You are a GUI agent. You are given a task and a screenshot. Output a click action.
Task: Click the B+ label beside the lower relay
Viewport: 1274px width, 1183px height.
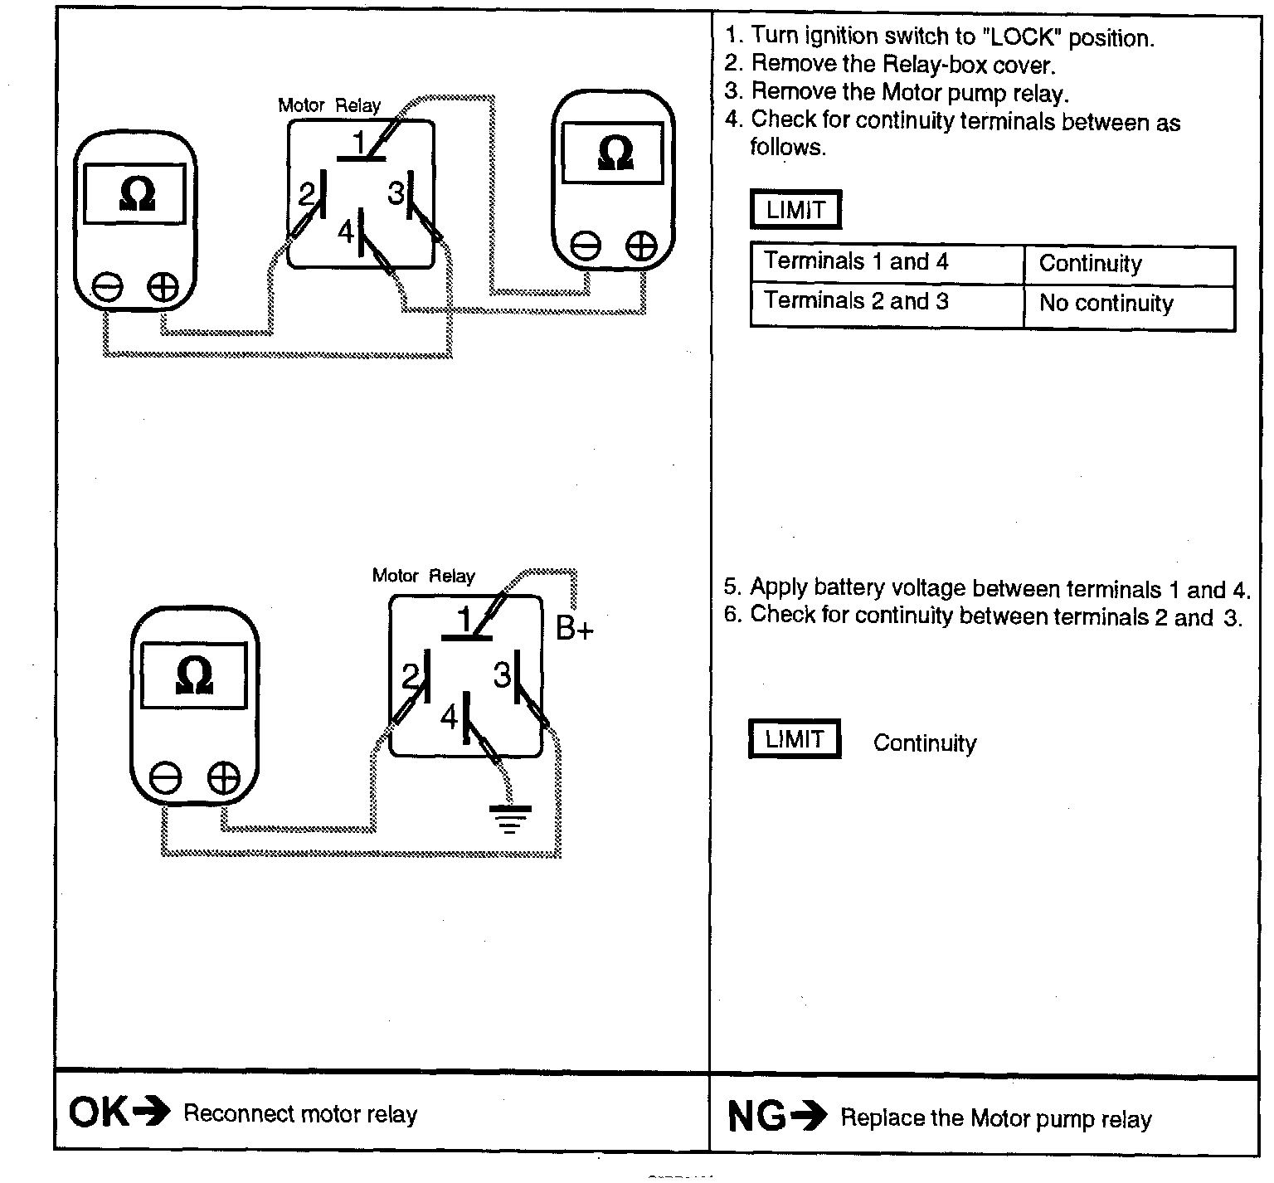(x=574, y=630)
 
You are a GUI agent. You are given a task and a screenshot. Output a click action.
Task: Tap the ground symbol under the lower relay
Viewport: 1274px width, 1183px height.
(x=509, y=818)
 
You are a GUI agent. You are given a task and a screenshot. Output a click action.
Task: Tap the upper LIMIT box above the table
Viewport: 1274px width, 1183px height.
(x=795, y=210)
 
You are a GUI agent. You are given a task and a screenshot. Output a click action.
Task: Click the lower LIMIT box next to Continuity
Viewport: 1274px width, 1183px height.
(x=795, y=739)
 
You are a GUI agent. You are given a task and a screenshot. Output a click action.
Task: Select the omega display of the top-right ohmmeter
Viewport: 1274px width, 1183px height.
(x=613, y=153)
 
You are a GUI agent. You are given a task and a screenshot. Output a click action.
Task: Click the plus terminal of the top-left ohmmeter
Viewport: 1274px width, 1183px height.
(x=163, y=287)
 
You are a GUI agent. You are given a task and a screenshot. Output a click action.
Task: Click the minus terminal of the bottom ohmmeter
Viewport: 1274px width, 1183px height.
(x=165, y=778)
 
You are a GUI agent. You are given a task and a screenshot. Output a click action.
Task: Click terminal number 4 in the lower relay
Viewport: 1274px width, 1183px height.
(x=450, y=717)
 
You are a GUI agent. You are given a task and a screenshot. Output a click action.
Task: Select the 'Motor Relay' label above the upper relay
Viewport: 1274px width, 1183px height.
(x=329, y=105)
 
